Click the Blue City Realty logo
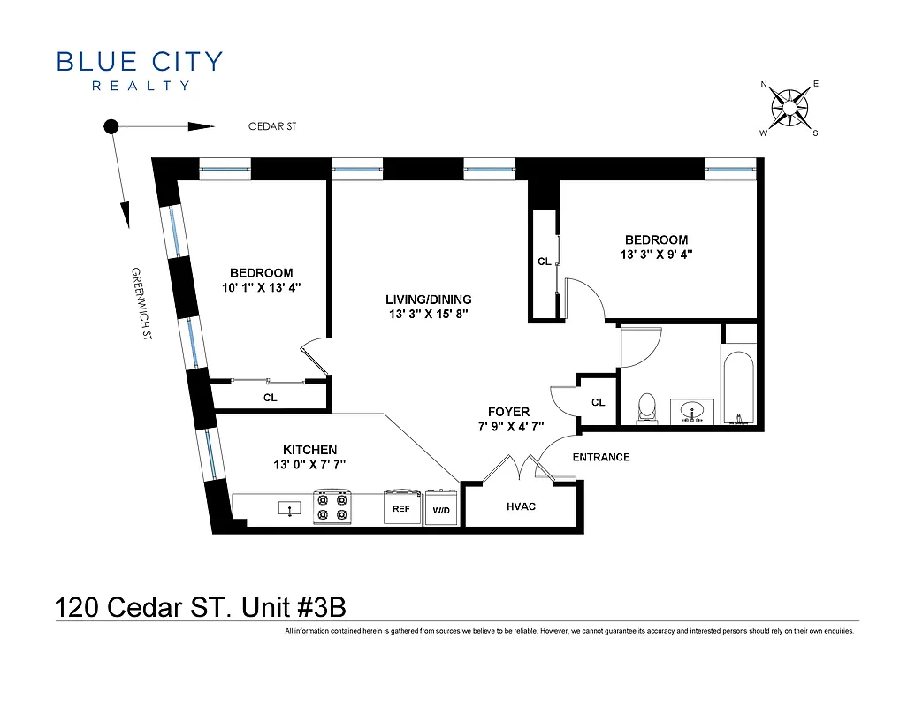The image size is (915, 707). [140, 70]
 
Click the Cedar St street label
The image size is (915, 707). [271, 127]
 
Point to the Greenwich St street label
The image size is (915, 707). [142, 305]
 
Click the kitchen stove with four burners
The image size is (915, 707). [332, 507]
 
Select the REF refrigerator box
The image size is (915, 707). [400, 509]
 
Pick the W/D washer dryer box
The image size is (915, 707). [440, 510]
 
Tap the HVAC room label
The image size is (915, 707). [522, 506]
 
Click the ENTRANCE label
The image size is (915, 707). [601, 457]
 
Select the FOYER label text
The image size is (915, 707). [508, 412]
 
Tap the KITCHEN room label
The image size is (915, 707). [309, 450]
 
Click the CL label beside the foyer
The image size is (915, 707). [599, 402]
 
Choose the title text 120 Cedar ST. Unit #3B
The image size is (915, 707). [200, 607]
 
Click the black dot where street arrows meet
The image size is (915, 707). [111, 126]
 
